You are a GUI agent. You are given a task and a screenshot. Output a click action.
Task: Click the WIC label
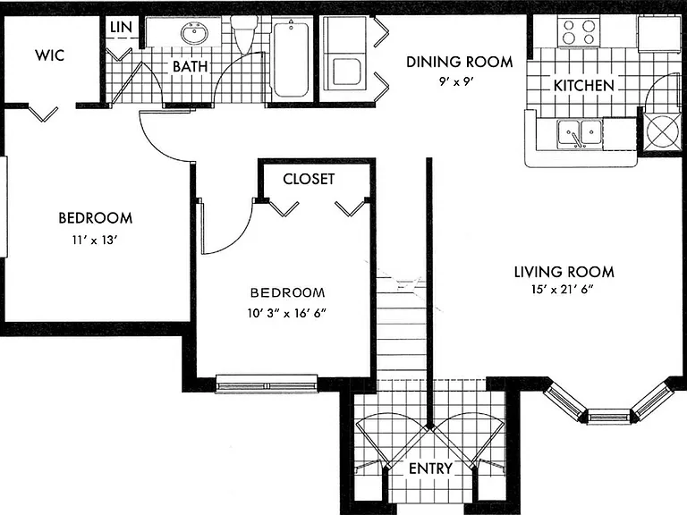click(49, 55)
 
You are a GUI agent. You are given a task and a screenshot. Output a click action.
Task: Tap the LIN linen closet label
click(121, 27)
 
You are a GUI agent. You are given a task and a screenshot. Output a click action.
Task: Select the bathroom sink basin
click(194, 33)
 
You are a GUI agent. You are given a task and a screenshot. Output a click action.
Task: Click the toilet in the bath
click(244, 33)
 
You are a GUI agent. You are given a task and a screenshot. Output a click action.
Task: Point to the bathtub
click(291, 60)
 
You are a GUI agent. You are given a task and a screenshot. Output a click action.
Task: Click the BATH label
click(191, 66)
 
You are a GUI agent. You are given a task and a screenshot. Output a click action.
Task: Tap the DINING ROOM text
click(459, 62)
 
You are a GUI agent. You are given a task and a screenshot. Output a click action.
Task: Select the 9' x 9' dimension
click(457, 81)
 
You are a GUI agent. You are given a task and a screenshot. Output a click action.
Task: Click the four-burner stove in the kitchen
click(579, 32)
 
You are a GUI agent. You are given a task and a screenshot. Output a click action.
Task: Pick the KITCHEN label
click(583, 86)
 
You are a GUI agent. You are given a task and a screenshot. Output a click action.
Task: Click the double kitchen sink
click(580, 133)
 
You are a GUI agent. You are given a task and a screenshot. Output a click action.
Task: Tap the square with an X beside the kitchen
click(662, 131)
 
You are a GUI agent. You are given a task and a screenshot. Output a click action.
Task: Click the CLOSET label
click(309, 179)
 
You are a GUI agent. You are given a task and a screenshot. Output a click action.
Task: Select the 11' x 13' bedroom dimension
click(95, 240)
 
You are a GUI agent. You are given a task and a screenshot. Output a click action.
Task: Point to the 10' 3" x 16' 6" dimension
click(287, 313)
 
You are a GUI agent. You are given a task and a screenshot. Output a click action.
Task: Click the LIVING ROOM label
click(564, 272)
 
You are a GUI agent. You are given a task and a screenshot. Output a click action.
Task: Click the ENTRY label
click(430, 469)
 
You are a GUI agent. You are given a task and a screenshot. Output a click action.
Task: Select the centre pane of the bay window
click(608, 415)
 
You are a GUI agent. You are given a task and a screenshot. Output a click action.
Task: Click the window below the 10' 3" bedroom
click(267, 384)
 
